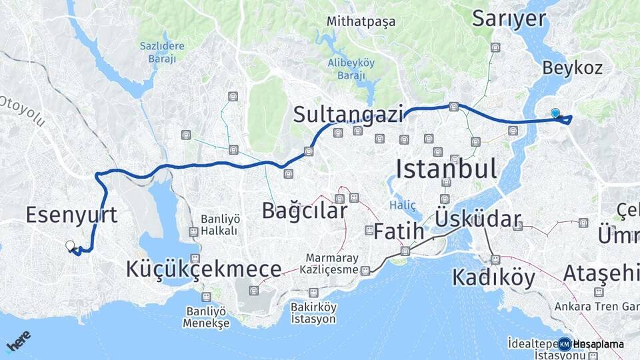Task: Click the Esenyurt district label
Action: click(71, 215)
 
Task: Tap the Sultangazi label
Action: click(349, 115)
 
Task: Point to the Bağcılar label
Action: click(304, 211)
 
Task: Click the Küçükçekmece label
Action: click(203, 269)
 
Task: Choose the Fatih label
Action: click(399, 231)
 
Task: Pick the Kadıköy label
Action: click(493, 277)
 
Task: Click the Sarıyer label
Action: click(509, 19)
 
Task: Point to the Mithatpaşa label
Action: click(361, 21)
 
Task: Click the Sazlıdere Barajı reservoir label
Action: click(157, 52)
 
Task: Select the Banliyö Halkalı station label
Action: click(220, 225)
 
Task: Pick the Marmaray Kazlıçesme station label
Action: click(332, 264)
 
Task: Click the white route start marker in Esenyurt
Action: click(70, 245)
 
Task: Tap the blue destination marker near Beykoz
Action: click(555, 113)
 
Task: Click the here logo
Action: click(18, 341)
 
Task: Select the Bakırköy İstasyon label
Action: click(313, 313)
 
